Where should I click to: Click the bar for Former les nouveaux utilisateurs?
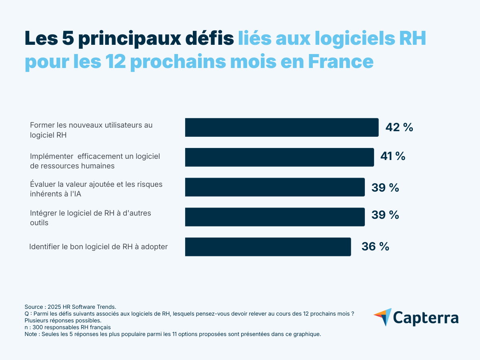pyautogui.click(x=282, y=128)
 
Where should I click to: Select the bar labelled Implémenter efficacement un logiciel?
pyautogui.click(x=279, y=157)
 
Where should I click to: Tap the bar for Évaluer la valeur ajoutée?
pyautogui.click(x=275, y=187)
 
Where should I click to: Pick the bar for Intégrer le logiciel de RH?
pyautogui.click(x=275, y=217)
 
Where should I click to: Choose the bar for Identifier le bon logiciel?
pyautogui.click(x=268, y=247)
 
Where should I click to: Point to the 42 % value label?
pyautogui.click(x=399, y=128)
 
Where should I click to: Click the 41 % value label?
pyautogui.click(x=392, y=156)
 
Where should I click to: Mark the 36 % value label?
pyautogui.click(x=375, y=247)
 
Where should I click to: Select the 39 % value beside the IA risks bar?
pyautogui.click(x=385, y=188)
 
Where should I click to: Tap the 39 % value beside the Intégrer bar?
pyautogui.click(x=385, y=215)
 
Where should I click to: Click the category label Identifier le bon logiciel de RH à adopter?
pyautogui.click(x=98, y=247)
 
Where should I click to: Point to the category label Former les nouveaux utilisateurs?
pyautogui.click(x=91, y=130)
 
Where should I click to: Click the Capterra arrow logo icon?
pyautogui.click(x=383, y=317)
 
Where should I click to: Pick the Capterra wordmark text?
pyautogui.click(x=426, y=318)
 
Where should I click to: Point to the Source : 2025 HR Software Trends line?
pyautogui.click(x=70, y=306)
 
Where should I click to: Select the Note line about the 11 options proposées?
pyautogui.click(x=172, y=334)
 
